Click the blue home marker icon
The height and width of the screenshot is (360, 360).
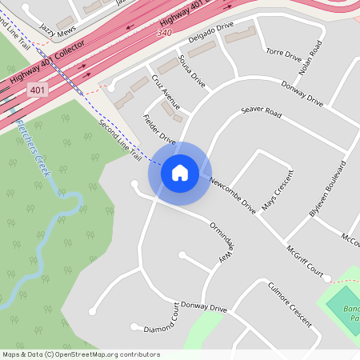click(179, 173)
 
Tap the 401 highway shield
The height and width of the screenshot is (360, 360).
click(38, 90)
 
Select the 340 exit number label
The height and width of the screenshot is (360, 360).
click(165, 33)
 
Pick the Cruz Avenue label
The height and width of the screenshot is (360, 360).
click(166, 98)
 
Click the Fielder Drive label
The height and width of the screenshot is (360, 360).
click(158, 128)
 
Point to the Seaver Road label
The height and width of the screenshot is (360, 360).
click(262, 113)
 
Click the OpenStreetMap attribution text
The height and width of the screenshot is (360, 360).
click(81, 354)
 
